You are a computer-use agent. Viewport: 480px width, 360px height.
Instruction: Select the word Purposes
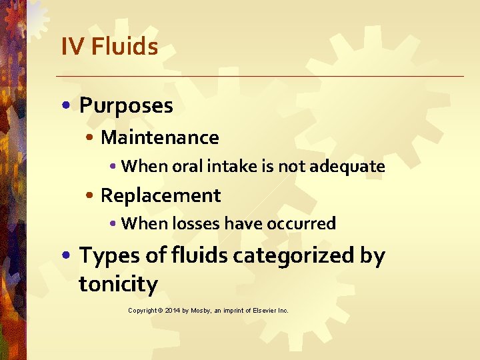point(126,105)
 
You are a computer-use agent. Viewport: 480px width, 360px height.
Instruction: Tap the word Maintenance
point(159,137)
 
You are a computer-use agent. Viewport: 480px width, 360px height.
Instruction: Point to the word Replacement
point(160,195)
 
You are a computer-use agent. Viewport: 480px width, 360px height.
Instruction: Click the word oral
point(187,166)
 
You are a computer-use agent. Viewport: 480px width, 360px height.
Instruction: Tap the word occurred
point(301,223)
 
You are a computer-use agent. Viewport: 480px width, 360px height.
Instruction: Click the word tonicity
point(118,285)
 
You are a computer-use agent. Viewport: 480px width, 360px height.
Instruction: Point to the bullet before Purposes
point(70,106)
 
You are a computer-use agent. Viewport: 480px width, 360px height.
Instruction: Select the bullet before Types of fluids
point(70,256)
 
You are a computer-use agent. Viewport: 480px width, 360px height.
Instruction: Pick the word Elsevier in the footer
point(262,311)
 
